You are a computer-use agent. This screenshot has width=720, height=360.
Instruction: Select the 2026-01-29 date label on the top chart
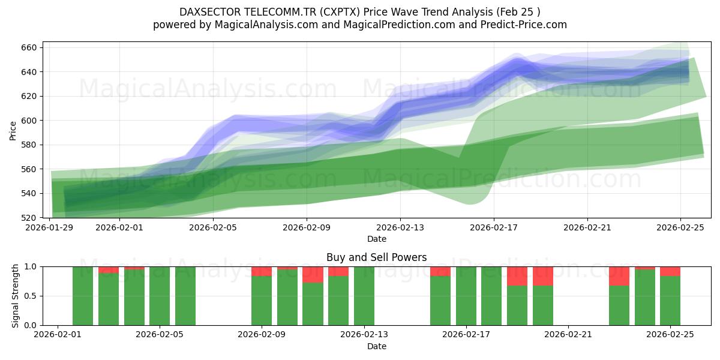(49, 227)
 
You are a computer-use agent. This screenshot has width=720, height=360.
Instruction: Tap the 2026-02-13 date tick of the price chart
(400, 227)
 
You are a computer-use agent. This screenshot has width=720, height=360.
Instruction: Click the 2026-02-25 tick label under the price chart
(680, 227)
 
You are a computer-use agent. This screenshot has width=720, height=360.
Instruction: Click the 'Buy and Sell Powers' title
(376, 257)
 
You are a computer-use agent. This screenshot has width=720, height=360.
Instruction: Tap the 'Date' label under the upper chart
(376, 239)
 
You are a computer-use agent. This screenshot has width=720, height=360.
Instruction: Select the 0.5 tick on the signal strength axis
(32, 296)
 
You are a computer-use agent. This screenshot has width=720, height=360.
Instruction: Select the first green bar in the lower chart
(83, 296)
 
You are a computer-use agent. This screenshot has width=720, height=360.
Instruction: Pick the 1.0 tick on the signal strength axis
(32, 266)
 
